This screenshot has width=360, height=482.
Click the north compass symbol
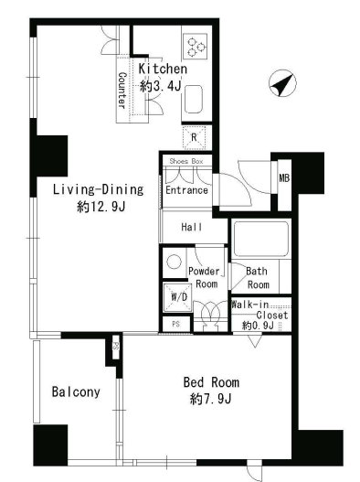pyautogui.click(x=282, y=83)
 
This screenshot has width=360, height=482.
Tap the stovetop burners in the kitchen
pyautogui.click(x=196, y=47)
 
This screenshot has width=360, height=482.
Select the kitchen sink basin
pyautogui.click(x=194, y=99)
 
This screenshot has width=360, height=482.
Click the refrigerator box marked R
pyautogui.click(x=194, y=137)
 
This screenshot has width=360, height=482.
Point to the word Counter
pyautogui.click(x=122, y=91)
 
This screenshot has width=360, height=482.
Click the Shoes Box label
pyautogui.click(x=186, y=161)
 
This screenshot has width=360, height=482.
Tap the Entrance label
pyautogui.click(x=186, y=190)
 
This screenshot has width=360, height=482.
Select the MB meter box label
pyautogui.click(x=284, y=177)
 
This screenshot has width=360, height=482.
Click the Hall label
pyautogui.click(x=192, y=227)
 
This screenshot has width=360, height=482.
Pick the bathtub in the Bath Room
pyautogui.click(x=261, y=239)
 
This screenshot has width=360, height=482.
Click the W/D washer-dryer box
pyautogui.click(x=178, y=297)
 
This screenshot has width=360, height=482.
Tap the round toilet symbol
pyautogui.click(x=174, y=262)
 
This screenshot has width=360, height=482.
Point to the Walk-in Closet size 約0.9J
pyautogui.click(x=258, y=326)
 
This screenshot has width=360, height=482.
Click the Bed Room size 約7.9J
pyautogui.click(x=211, y=399)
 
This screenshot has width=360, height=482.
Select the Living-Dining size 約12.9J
pyautogui.click(x=101, y=207)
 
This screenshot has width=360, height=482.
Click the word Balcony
pyautogui.click(x=76, y=392)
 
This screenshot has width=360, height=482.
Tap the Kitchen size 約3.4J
pyautogui.click(x=160, y=86)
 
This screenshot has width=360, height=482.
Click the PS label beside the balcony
pyautogui.click(x=116, y=346)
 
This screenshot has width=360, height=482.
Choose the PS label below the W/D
pyautogui.click(x=175, y=324)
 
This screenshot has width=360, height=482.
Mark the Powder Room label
pyautogui.click(x=205, y=277)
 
